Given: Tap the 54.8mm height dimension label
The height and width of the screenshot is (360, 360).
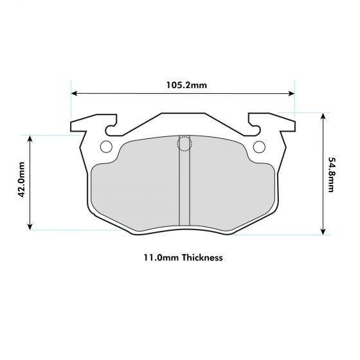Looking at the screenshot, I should pos(330,174).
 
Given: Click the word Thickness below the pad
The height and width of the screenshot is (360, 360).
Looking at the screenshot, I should pos(202,258).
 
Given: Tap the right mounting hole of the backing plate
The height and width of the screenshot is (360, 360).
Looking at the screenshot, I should pos(259,147).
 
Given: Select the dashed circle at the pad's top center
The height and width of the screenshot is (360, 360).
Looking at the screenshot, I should pos(184,143).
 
